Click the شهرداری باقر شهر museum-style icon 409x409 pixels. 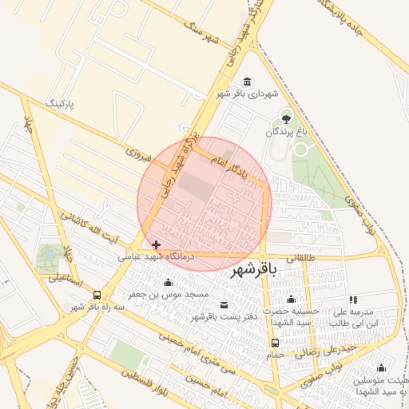[x=246, y=82]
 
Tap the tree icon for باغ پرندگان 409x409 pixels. [x=286, y=119]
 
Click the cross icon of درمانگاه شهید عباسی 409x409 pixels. [x=156, y=244]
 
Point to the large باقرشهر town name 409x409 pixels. [x=253, y=271]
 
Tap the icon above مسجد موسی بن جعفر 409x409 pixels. [x=168, y=283]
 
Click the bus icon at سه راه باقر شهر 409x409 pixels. [x=97, y=295]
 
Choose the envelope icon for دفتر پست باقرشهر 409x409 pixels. [x=223, y=305]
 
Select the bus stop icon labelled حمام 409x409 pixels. [x=276, y=343]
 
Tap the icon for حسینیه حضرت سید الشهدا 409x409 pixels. [x=291, y=300]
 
